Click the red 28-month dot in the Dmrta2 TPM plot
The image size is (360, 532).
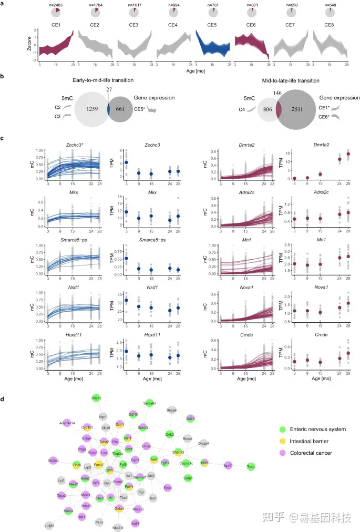click(x=347, y=154)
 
